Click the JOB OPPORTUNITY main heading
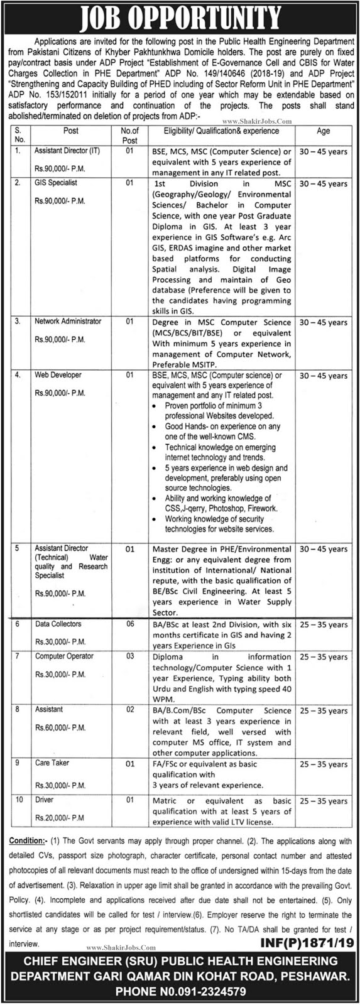click(180, 14)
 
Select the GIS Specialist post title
click(56, 183)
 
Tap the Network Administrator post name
click(68, 321)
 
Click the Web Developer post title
click(58, 375)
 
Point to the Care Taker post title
click(52, 763)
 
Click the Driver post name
click(45, 800)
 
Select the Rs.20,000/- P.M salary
click(60, 818)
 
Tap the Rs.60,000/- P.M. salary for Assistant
click(61, 727)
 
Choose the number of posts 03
click(129, 656)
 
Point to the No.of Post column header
click(129, 136)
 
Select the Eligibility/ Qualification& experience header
click(221, 131)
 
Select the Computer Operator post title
click(64, 656)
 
